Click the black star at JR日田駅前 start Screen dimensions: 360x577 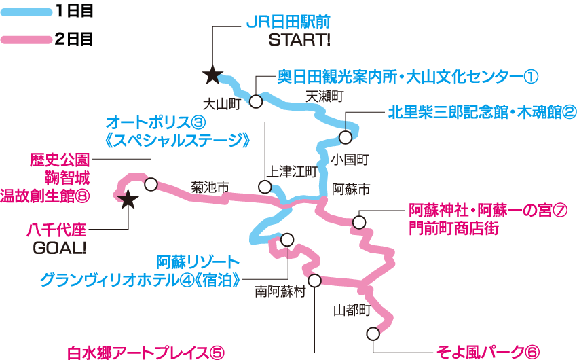coord(212,75)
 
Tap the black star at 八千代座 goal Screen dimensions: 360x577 coord(128,199)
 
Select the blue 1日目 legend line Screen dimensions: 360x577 coord(25,12)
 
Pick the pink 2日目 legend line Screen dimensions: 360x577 coord(25,39)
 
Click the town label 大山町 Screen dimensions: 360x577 coord(223,104)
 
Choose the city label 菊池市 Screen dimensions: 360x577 coord(210,185)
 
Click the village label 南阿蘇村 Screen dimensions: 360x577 coord(280,292)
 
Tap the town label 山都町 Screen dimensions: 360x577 coord(352,310)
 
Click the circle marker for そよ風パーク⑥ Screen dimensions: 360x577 coord(373,334)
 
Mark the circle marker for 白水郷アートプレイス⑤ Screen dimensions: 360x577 coord(314,280)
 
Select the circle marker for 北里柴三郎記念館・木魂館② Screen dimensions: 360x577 coord(346,137)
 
